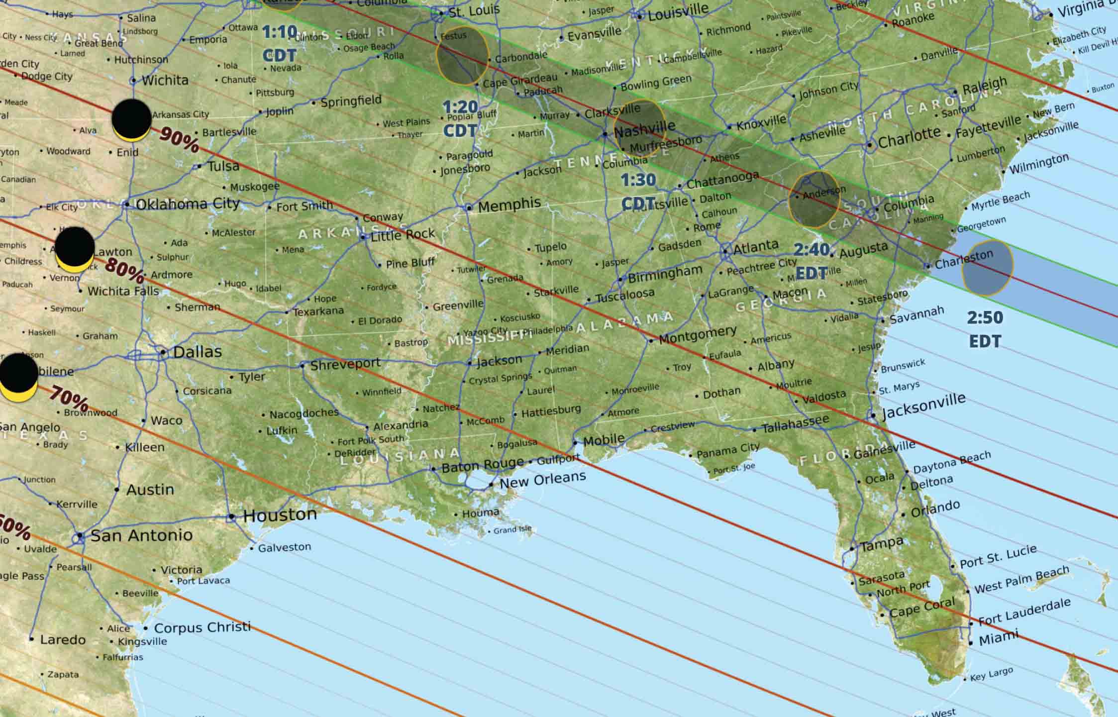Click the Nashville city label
tap(644, 129)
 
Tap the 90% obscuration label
tap(180, 139)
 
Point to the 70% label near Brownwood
tap(69, 398)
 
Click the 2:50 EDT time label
tap(985, 329)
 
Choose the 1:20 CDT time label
tap(460, 118)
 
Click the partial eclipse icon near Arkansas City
tap(131, 120)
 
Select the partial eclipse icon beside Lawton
tap(75, 249)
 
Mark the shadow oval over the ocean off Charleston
tap(988, 267)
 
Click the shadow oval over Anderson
tap(814, 200)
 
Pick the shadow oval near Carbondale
tap(463, 55)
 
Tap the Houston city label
tap(280, 514)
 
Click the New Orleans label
tap(542, 480)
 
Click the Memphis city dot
tap(469, 207)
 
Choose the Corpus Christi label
tap(202, 627)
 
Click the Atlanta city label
tap(755, 246)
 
